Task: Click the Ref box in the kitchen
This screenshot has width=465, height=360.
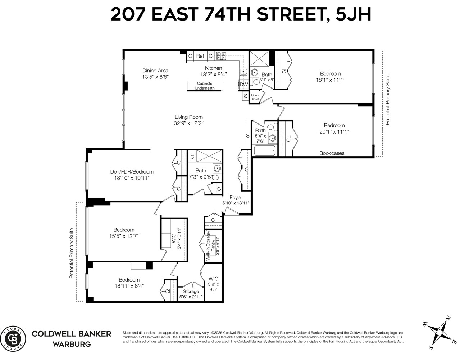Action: click(x=200, y=56)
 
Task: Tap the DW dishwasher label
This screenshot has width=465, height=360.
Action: click(x=243, y=85)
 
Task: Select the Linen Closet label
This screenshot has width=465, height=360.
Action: click(x=255, y=97)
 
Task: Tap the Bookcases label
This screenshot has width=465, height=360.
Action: click(x=332, y=153)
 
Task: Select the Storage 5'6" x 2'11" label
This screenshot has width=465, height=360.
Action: click(x=191, y=294)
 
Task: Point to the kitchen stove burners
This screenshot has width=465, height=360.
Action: click(x=221, y=56)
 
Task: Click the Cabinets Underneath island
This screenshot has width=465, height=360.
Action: click(x=205, y=86)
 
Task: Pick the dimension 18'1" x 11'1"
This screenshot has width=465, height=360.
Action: click(x=330, y=80)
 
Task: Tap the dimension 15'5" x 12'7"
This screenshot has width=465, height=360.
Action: click(x=124, y=236)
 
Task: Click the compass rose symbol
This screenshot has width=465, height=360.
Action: click(x=439, y=332)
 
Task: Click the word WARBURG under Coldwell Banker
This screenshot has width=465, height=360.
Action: click(x=72, y=344)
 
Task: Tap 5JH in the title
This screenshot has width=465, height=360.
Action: click(x=353, y=15)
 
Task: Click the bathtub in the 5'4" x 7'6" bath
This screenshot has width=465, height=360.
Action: click(x=264, y=150)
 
